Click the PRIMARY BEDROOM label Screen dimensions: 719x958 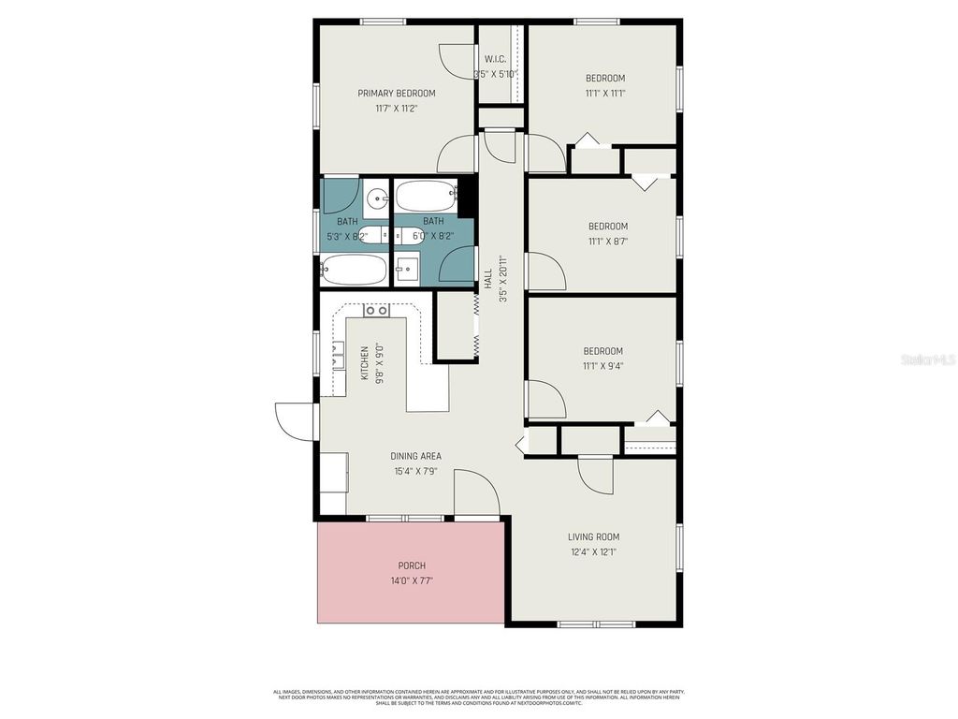pyautogui.click(x=397, y=93)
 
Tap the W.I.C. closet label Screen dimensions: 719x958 pyautogui.click(x=495, y=60)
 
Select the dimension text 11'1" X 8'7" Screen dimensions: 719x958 pyautogui.click(x=607, y=242)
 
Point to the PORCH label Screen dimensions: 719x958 pyautogui.click(x=412, y=565)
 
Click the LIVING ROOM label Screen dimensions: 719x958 pyautogui.click(x=593, y=536)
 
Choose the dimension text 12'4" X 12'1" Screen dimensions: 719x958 pyautogui.click(x=593, y=552)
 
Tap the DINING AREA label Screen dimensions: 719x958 pyautogui.click(x=415, y=456)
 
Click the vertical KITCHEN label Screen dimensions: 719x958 pyautogui.click(x=365, y=362)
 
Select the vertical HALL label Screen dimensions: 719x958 pyautogui.click(x=487, y=278)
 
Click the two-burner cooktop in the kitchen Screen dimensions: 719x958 pyautogui.click(x=376, y=310)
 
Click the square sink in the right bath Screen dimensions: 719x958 pyautogui.click(x=406, y=270)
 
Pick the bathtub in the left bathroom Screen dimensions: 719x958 pyautogui.click(x=354, y=271)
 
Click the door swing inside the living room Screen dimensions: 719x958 pyautogui.click(x=595, y=476)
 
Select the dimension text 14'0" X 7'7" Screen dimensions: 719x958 pyautogui.click(x=412, y=580)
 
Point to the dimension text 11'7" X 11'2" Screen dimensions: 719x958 pyautogui.click(x=397, y=109)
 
